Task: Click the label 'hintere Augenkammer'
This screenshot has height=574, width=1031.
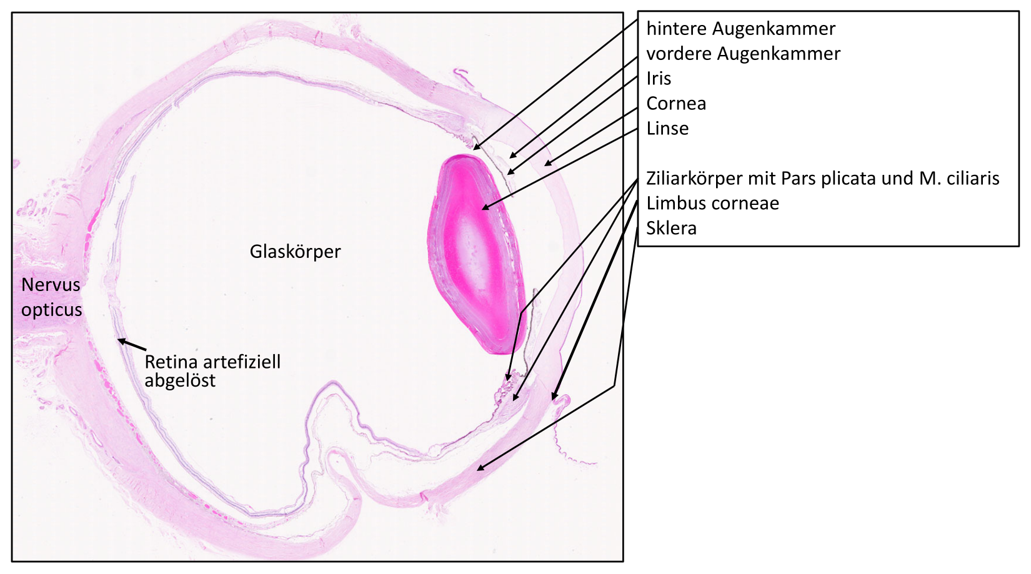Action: [x=740, y=29]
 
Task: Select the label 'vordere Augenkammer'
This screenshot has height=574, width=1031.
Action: [x=744, y=53]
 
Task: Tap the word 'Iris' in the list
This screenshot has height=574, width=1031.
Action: [x=659, y=78]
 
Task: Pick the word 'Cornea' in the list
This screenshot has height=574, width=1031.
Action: [x=676, y=103]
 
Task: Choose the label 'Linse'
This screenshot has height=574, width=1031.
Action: [x=667, y=128]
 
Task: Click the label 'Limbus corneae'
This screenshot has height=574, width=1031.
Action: [x=712, y=203]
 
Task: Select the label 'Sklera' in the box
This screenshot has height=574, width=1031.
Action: [x=672, y=228]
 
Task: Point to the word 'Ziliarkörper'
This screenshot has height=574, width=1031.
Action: [x=695, y=178]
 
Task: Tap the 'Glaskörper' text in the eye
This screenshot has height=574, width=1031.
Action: [x=295, y=252]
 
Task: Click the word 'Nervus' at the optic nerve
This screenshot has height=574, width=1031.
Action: [x=51, y=285]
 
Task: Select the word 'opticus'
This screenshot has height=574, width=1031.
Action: [x=51, y=310]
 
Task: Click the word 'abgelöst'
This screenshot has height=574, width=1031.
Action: [x=180, y=380]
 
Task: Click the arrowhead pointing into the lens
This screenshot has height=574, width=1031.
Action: [x=485, y=207]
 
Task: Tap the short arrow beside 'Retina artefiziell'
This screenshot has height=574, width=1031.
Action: [x=132, y=345]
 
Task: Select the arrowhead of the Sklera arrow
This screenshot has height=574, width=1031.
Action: [x=480, y=468]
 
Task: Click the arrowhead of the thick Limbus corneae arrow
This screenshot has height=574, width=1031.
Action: [x=555, y=395]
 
